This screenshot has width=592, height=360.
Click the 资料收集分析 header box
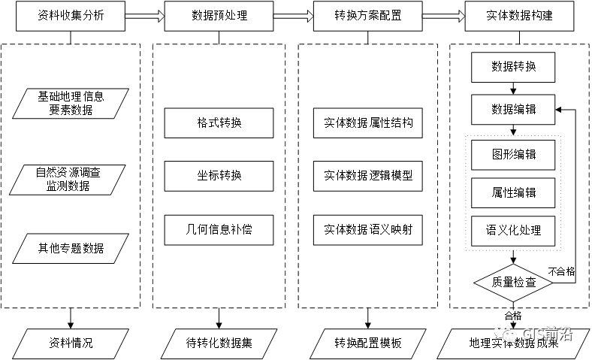(x=71, y=15)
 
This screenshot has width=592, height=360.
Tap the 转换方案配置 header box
(x=368, y=15)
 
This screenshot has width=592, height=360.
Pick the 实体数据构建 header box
(x=519, y=15)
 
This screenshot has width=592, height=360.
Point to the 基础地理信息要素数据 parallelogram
(x=71, y=103)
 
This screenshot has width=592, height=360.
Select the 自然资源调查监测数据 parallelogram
(x=71, y=178)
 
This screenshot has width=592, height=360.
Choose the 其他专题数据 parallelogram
(x=71, y=247)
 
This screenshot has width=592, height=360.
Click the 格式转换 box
(x=219, y=123)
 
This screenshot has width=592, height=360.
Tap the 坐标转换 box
(x=219, y=175)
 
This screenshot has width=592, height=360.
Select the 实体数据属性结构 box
(x=368, y=123)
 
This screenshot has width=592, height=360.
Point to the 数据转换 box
(x=514, y=67)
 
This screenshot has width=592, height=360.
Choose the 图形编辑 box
(x=514, y=155)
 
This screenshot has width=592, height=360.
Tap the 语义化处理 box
(x=514, y=231)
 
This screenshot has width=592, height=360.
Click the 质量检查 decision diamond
(x=514, y=282)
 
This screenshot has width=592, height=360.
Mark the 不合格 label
(x=562, y=271)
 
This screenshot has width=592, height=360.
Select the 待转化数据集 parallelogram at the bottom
(x=219, y=343)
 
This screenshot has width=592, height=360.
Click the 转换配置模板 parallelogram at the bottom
(x=368, y=343)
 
